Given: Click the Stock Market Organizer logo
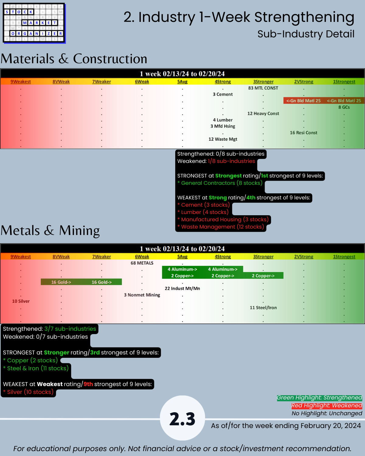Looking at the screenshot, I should (34, 23).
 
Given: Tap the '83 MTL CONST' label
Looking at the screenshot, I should (263, 88).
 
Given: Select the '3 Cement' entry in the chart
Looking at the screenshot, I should (223, 95).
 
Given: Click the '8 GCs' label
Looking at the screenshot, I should (344, 107).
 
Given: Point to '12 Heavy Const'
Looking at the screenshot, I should (263, 114).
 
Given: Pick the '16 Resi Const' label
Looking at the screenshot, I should (304, 133).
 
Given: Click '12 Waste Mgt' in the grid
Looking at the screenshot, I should (223, 139).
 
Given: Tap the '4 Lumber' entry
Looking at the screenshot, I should (223, 120).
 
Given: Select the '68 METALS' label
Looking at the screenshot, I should (142, 263).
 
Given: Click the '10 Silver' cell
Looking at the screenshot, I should (21, 301).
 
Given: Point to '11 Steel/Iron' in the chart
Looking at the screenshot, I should (263, 308).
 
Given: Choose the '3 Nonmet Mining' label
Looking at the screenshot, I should (142, 295).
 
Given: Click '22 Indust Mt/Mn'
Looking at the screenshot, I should (182, 288).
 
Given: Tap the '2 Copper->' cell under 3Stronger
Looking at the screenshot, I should (263, 276).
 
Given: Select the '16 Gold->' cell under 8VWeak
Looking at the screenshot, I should (61, 282).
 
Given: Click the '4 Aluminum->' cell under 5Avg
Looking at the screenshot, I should (182, 269).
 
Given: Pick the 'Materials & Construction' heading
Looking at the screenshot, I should (74, 59).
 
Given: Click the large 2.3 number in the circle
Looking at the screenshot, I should (182, 419).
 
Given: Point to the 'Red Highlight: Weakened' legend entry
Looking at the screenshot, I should (327, 406).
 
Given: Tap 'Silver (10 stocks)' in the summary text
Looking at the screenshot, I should (30, 392).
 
